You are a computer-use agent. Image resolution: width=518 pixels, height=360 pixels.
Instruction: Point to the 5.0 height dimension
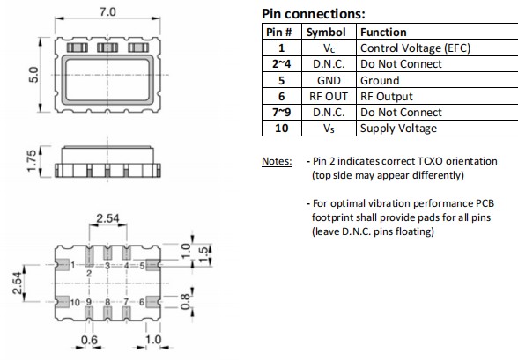33,77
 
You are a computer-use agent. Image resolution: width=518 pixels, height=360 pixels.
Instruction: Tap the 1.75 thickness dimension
33,164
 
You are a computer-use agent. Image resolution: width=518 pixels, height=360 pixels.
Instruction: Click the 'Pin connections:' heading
314,15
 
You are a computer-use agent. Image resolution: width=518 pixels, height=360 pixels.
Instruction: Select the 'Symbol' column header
326,33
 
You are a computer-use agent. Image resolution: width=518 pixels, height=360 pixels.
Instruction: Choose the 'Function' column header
383,33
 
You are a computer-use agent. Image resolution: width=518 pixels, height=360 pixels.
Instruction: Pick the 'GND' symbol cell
326,80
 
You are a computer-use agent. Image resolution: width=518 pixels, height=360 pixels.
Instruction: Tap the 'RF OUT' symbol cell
326,96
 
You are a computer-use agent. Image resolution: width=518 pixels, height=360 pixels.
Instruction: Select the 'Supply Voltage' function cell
398,128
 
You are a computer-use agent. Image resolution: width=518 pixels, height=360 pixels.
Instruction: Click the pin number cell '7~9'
281,112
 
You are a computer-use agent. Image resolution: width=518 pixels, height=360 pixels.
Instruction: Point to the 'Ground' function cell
380,80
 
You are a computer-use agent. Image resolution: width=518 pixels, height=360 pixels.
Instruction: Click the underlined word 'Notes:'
277,161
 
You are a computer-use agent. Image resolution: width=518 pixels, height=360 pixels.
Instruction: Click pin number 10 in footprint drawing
76,302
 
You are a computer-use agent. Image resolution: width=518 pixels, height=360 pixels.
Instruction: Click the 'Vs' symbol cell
326,128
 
